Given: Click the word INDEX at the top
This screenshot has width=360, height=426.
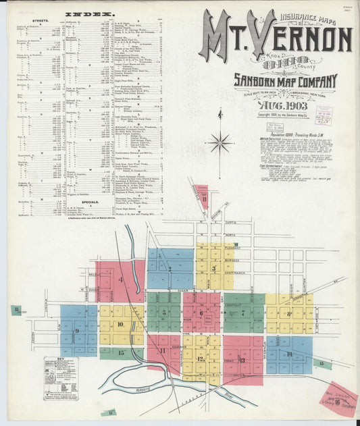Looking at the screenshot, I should [90, 14].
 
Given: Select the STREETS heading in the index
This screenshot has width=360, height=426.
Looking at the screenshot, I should [25, 22].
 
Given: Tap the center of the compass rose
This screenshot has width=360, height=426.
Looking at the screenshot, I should [220, 142].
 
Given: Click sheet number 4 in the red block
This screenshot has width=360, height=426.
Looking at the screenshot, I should [120, 278].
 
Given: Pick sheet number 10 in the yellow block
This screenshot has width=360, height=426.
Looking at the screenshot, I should [120, 324].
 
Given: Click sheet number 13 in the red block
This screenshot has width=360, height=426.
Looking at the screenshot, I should [241, 360].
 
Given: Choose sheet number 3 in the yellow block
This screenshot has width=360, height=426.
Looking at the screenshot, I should [213, 267].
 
